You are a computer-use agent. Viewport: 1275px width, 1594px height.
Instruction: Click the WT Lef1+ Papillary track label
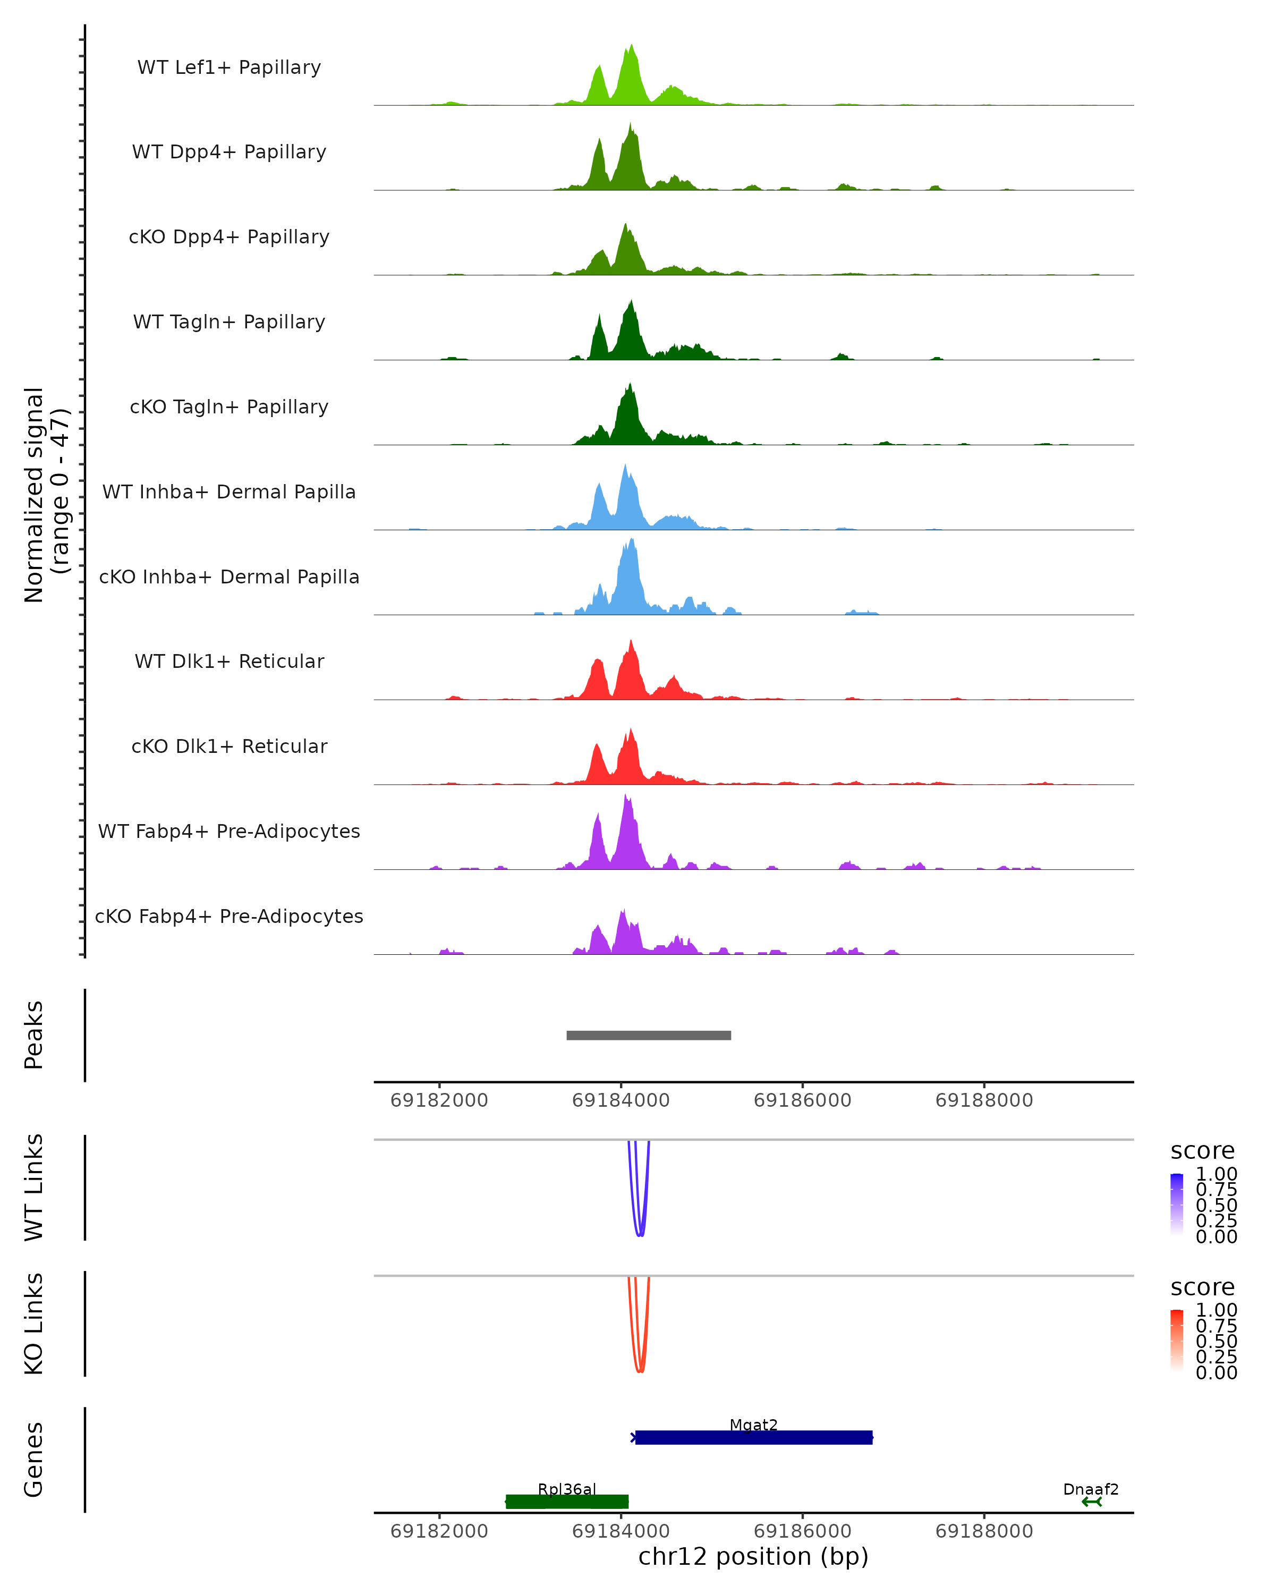[x=229, y=67]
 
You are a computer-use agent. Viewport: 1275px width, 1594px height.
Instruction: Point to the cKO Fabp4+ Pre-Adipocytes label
[x=229, y=916]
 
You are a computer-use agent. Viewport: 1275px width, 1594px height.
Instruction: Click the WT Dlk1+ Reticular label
[x=229, y=661]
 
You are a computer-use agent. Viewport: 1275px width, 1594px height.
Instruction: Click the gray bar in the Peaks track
[x=648, y=1035]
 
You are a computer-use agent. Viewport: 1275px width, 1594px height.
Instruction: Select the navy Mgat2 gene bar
[x=753, y=1438]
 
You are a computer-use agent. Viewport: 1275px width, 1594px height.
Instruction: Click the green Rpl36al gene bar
[x=567, y=1502]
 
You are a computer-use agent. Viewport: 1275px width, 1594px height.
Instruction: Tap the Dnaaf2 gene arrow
[x=1091, y=1502]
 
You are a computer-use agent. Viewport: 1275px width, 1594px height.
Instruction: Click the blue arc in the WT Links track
[x=640, y=1233]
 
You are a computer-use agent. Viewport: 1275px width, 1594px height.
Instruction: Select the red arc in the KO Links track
[x=640, y=1369]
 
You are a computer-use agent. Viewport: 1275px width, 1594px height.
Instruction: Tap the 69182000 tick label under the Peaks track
[x=439, y=1100]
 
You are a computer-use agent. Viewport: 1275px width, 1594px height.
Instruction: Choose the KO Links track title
[x=34, y=1324]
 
